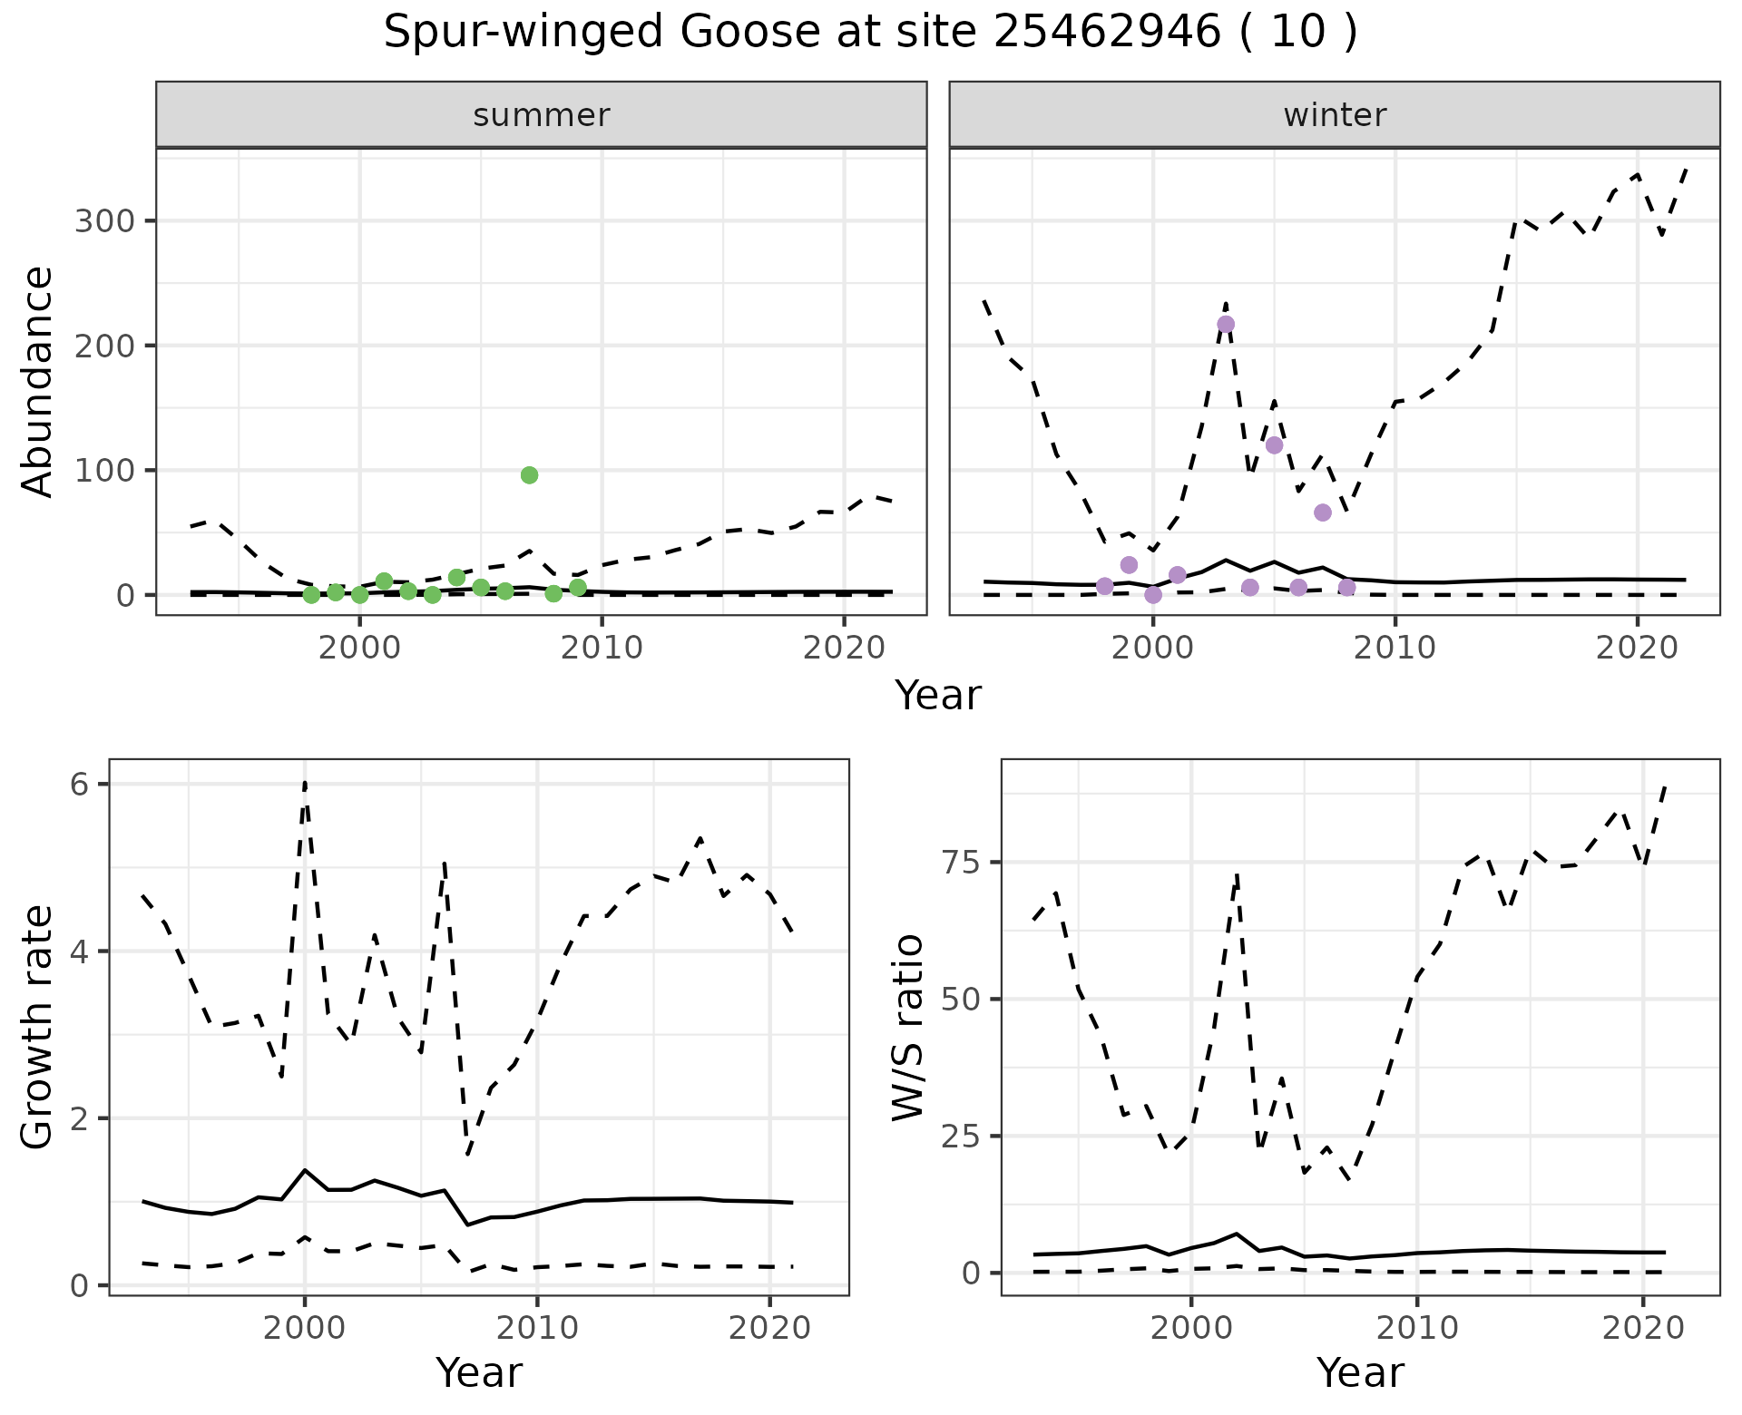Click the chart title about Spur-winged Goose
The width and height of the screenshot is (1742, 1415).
870,34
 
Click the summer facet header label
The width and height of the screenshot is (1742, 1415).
542,115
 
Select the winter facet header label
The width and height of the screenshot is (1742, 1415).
1335,115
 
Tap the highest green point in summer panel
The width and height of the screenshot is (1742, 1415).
530,475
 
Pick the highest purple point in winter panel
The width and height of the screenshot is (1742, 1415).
1226,325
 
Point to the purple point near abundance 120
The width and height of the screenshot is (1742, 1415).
1274,445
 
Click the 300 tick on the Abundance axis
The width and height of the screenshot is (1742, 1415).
103,222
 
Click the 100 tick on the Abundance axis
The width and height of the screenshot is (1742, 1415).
103,471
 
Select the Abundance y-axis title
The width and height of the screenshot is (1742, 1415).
38,381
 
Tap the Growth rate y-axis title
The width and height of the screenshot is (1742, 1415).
38,1028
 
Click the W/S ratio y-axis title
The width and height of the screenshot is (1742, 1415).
908,1028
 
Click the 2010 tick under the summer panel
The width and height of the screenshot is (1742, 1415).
602,648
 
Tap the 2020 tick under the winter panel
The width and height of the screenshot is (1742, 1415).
1637,648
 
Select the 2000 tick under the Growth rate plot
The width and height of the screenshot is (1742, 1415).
305,1329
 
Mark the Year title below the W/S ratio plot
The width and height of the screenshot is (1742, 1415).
1360,1372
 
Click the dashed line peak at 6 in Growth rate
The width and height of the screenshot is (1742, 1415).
305,784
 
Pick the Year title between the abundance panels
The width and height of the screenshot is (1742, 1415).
938,696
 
